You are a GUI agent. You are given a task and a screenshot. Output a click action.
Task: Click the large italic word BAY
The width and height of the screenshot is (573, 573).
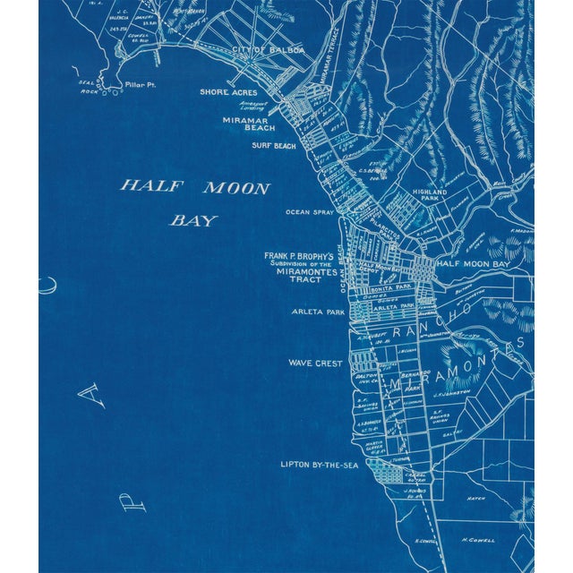pyautogui.click(x=194, y=219)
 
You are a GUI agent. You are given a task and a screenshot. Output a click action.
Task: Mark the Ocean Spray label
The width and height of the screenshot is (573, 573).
pyautogui.click(x=309, y=212)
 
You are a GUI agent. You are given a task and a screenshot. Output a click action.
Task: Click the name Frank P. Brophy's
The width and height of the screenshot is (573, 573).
pyautogui.click(x=298, y=256)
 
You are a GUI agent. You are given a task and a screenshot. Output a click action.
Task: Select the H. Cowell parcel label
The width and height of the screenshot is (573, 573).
pyautogui.click(x=477, y=540)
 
